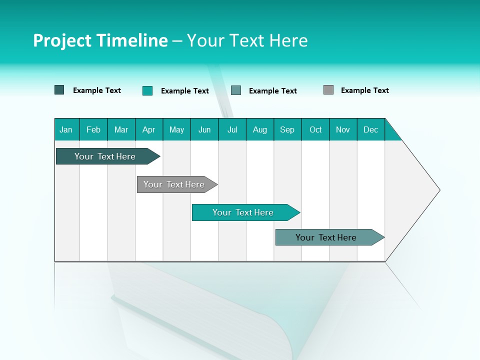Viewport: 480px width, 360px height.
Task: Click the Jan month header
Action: point(66,129)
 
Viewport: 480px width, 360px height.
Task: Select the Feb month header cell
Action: point(93,129)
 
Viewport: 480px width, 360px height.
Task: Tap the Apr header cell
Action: point(149,129)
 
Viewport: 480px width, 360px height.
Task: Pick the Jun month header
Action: point(204,129)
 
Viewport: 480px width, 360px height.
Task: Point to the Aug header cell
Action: point(260,129)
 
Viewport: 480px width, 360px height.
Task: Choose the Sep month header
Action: point(287,129)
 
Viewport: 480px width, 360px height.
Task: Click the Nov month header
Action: point(343,129)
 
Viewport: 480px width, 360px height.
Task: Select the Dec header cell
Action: point(371,129)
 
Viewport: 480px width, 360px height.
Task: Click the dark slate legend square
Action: point(59,90)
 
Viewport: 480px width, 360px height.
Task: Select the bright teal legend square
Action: point(147,90)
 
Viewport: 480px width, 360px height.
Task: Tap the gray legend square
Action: point(328,90)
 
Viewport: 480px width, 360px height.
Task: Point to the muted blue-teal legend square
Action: point(236,90)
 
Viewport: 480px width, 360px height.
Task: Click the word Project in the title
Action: point(61,40)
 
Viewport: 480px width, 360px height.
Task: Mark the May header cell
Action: point(176,129)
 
